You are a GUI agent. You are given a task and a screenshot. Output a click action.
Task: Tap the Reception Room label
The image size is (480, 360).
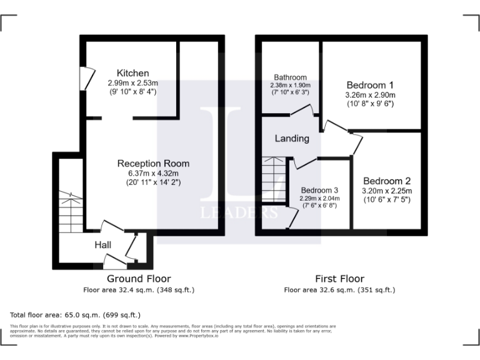coord(153,164)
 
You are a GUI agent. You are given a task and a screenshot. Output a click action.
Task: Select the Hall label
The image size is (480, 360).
coord(103,244)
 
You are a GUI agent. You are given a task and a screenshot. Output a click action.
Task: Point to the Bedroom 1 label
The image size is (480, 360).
coord(370,85)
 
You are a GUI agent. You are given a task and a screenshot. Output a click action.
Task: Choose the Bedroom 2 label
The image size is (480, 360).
coord(387,181)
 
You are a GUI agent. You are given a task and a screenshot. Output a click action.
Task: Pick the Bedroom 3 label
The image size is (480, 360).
coord(319,190)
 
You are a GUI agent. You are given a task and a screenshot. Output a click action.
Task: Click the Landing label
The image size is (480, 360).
coord(292,139)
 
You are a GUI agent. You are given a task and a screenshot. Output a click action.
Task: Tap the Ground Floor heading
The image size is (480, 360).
coord(139,279)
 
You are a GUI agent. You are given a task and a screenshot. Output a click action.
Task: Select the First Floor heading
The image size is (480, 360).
coord(339,279)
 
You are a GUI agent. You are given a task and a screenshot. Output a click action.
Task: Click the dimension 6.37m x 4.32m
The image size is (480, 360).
coord(153,174)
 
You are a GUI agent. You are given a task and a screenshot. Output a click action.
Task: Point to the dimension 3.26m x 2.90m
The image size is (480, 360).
coord(370,95)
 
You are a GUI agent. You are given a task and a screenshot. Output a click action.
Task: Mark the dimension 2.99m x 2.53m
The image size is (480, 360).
coord(132,82)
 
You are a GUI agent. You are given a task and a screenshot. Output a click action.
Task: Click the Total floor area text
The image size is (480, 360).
coord(76,315)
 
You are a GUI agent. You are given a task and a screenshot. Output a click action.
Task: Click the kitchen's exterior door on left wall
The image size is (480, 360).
coord(82,77)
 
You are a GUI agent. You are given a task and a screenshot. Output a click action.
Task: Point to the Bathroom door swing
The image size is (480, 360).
coord(303,111)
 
